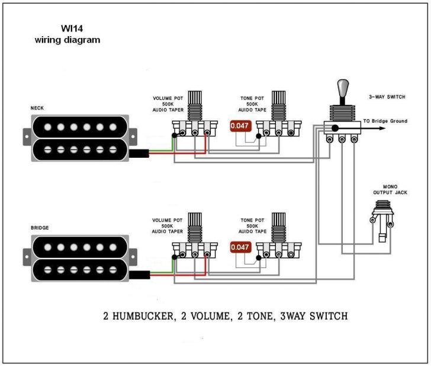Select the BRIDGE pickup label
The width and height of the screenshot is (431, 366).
40,228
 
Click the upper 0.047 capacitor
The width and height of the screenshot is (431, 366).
240,126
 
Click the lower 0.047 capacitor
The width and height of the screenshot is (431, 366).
240,247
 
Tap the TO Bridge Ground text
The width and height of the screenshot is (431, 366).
385,121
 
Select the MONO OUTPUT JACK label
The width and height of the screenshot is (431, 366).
385,189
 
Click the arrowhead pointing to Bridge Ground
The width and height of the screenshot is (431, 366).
359,128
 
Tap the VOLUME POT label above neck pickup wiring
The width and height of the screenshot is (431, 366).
168,97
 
